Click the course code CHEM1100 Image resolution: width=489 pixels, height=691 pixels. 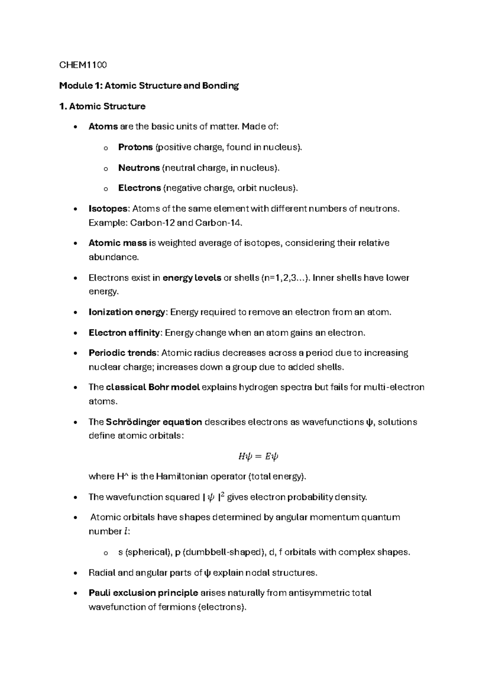point(83,65)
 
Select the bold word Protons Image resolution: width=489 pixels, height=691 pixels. point(135,147)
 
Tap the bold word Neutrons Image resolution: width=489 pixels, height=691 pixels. point(139,167)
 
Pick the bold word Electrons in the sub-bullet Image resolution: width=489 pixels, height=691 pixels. point(139,188)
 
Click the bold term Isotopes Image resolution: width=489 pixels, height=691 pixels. point(108,209)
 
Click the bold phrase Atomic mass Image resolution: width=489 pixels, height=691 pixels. point(117,243)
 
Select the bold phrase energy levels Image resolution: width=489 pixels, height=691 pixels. point(192,278)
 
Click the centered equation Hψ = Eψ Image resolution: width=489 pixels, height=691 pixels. point(258,456)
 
